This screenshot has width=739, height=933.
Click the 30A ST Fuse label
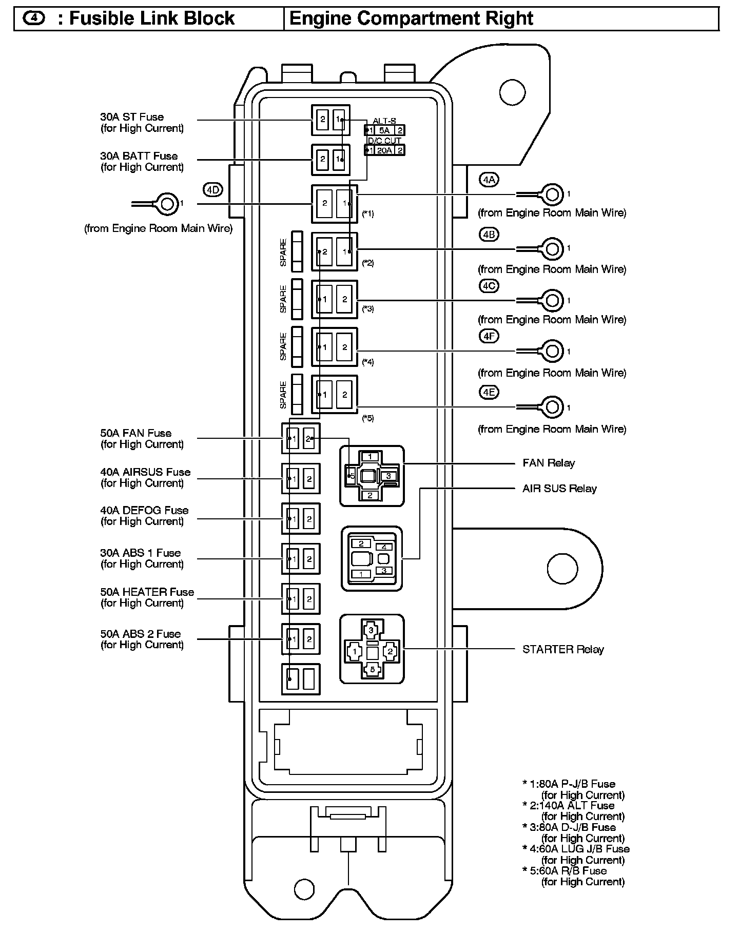[x=142, y=123]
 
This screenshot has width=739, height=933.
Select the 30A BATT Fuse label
[x=142, y=161]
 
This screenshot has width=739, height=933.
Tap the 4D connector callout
[x=213, y=190]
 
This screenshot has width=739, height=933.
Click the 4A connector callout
[x=489, y=180]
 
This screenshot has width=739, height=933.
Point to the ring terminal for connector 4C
[x=552, y=300]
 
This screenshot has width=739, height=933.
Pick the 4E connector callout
[x=489, y=393]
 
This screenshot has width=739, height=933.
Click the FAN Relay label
[x=549, y=463]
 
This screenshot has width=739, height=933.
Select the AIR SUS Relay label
[x=559, y=489]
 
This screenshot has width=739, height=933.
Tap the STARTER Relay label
[x=563, y=649]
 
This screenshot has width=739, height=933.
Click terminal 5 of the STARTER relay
[x=373, y=669]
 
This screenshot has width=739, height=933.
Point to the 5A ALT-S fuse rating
[x=384, y=130]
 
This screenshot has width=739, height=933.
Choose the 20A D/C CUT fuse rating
[x=384, y=150]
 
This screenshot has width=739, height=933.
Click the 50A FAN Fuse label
[x=142, y=439]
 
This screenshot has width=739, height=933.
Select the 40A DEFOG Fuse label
[x=144, y=516]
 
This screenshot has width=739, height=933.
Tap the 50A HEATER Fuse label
[x=147, y=597]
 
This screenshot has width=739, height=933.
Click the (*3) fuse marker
[x=368, y=309]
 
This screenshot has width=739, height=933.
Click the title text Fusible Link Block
[x=152, y=19]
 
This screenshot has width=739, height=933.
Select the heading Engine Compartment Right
[x=411, y=19]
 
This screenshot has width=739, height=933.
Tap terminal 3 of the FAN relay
[x=388, y=476]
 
